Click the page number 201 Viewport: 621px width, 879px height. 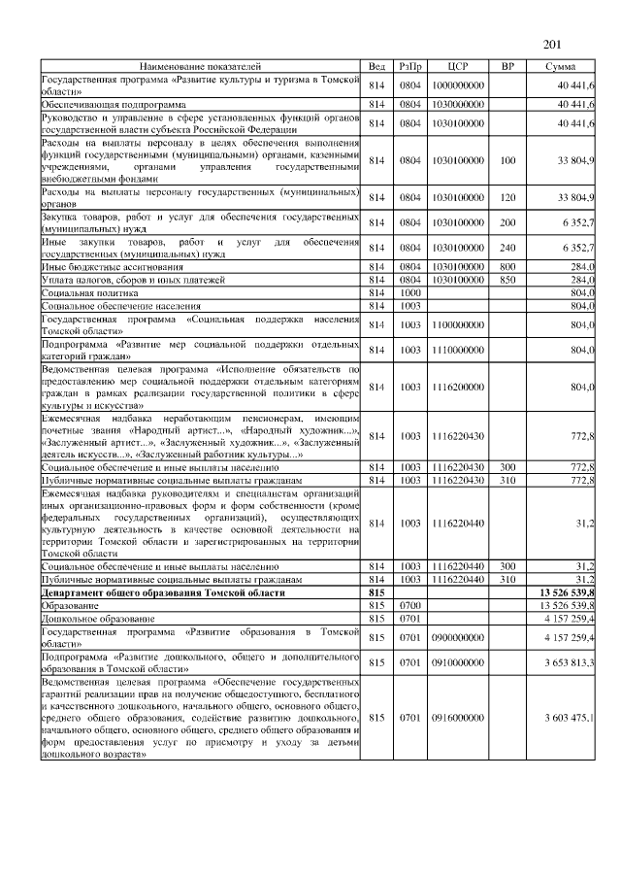[552, 44]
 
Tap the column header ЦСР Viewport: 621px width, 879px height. [459, 66]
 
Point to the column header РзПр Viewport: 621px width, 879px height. [409, 66]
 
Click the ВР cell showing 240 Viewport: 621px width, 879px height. [507, 248]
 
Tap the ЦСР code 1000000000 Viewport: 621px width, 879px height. [459, 85]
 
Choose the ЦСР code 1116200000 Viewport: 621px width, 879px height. [459, 387]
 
